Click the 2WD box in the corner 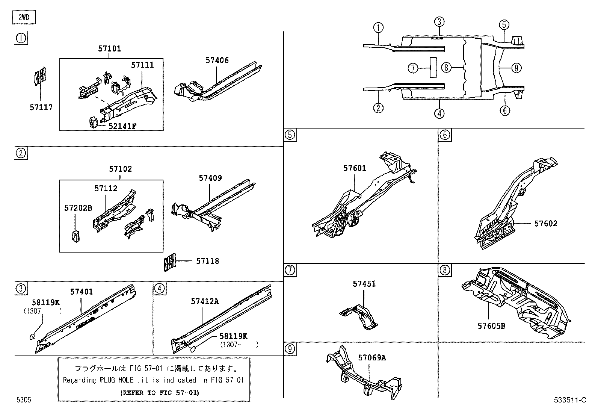24,17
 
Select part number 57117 41,107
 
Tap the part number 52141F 122,126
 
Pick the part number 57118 207,261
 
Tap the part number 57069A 371,357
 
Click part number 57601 354,168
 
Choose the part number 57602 546,224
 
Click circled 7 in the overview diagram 413,68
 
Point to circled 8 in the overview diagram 445,68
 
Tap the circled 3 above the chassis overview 440,21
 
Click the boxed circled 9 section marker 290,349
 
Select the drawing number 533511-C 570,400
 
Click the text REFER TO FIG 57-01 160,393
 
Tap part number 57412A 205,301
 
